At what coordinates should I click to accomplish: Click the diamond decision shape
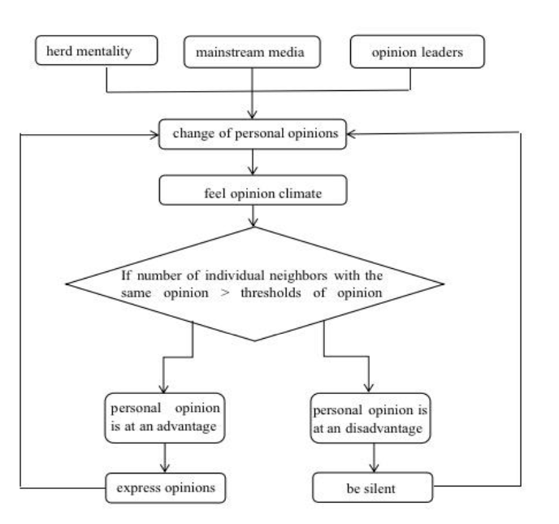point(254,284)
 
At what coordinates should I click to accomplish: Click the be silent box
point(370,489)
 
